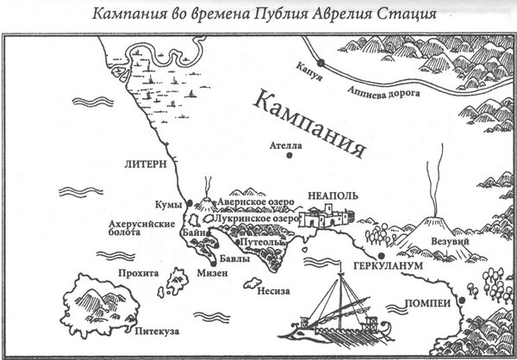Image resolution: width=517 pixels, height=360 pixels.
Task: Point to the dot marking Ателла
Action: [290, 157]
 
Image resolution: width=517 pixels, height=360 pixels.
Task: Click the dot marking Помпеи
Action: [463, 300]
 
